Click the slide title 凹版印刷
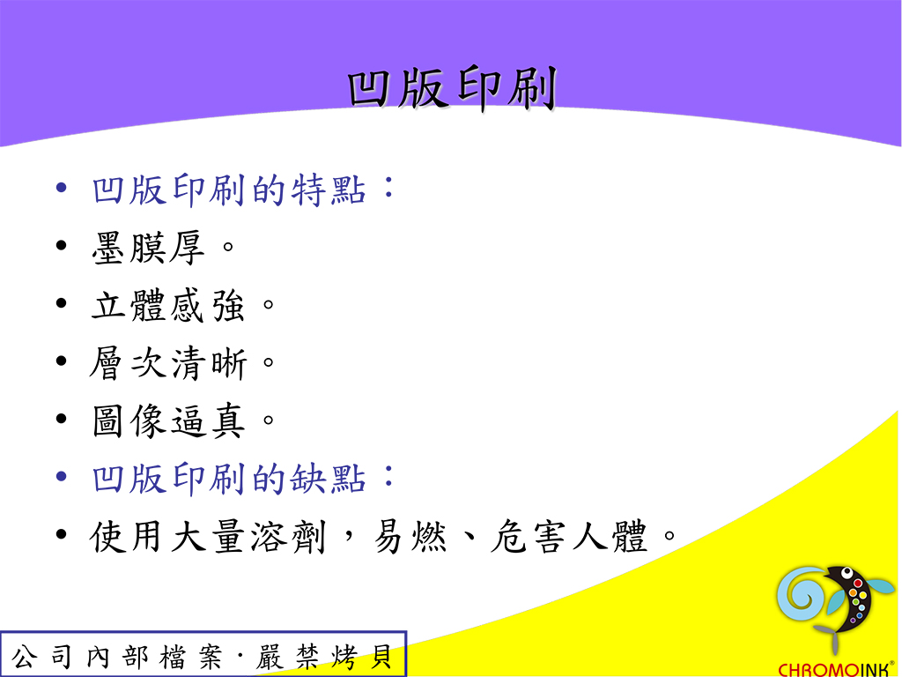(x=452, y=88)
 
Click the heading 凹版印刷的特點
(x=228, y=190)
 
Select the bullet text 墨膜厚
(x=148, y=248)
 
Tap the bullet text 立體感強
(x=168, y=305)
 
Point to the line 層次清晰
(x=168, y=362)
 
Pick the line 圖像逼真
(x=168, y=420)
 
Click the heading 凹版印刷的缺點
(x=228, y=479)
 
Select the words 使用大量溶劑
(x=208, y=537)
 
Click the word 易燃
(x=410, y=537)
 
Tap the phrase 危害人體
(x=568, y=537)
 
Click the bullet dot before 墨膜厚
(x=62, y=246)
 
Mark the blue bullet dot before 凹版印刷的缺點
(x=62, y=477)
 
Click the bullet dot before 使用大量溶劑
(x=62, y=534)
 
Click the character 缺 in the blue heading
(x=308, y=479)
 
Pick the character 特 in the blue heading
(x=308, y=190)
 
